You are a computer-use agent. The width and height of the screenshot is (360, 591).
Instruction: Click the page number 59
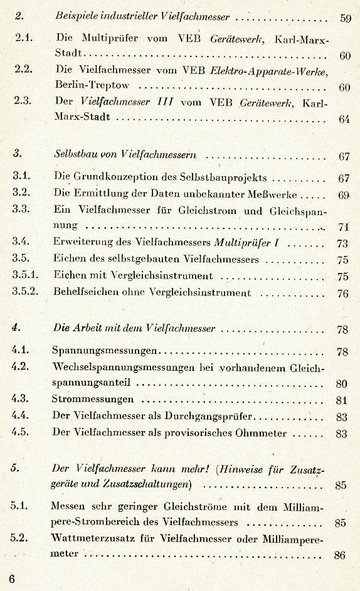[x=346, y=18]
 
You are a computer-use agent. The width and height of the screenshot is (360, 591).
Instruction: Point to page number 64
[x=344, y=119]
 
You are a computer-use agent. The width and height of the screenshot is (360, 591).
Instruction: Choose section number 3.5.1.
[x=26, y=274]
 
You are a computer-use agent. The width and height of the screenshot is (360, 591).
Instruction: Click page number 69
[x=344, y=194]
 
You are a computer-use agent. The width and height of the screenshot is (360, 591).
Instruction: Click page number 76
[x=343, y=292]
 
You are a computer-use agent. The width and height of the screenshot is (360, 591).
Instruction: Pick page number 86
[x=341, y=555]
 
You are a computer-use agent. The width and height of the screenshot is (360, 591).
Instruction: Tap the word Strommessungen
[x=93, y=399]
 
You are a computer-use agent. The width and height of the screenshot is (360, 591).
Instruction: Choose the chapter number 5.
[x=15, y=468]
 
